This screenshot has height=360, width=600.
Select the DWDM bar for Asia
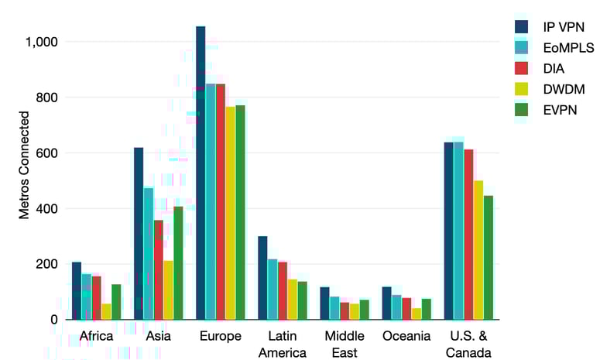[x=169, y=290]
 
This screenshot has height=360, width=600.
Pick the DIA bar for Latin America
[x=283, y=291]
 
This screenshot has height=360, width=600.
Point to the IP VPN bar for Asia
[x=139, y=233]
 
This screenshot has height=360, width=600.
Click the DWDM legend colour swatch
[x=522, y=89]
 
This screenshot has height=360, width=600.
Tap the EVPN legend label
[x=560, y=109]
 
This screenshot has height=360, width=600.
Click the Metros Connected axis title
[x=25, y=165]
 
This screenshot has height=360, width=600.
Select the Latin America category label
[x=282, y=344]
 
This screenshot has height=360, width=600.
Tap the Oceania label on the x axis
[x=406, y=337]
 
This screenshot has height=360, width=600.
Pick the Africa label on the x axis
[x=97, y=337]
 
